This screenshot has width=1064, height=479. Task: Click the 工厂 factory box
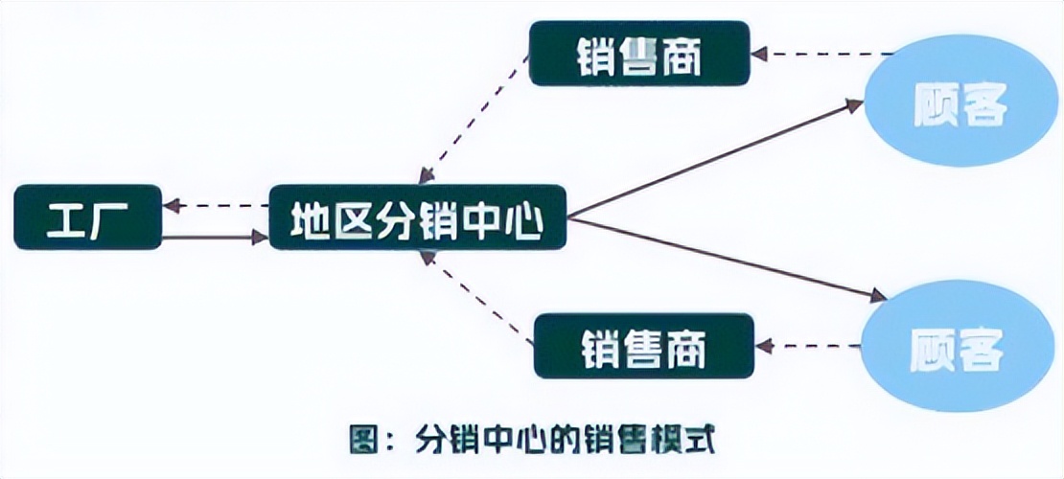[x=88, y=217]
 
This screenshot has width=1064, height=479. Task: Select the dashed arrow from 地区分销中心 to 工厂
[x=215, y=205]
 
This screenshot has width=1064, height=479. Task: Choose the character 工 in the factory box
[x=64, y=218]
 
